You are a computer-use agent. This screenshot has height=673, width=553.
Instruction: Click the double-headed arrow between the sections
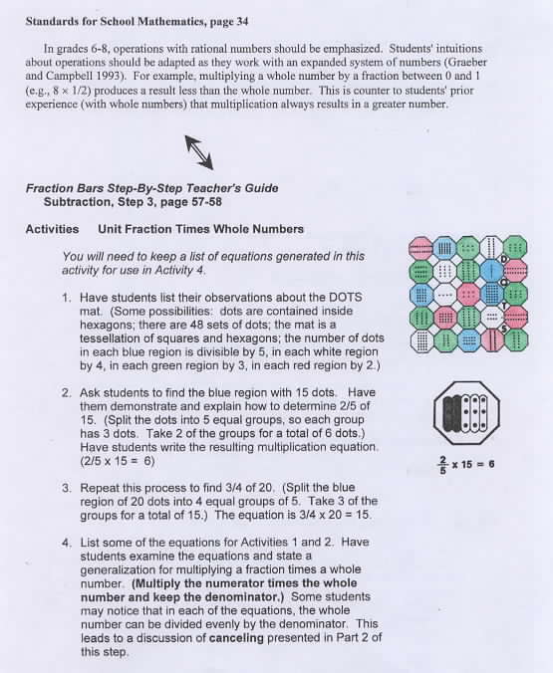pyautogui.click(x=199, y=152)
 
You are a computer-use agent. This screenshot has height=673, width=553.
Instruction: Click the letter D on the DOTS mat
pyautogui.click(x=504, y=259)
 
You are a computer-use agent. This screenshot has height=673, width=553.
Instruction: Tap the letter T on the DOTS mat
pyautogui.click(x=505, y=306)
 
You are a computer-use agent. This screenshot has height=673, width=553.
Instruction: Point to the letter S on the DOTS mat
pyautogui.click(x=505, y=330)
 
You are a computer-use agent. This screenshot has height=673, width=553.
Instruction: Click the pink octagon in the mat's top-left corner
pyautogui.click(x=420, y=248)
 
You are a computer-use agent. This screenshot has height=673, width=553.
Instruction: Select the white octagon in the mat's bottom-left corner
pyautogui.click(x=421, y=341)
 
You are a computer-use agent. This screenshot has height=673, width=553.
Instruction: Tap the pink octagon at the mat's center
pyautogui.click(x=468, y=295)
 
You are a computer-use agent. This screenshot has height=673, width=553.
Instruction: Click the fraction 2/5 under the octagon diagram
pyautogui.click(x=442, y=465)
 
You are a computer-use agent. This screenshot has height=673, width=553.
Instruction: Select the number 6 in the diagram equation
pyautogui.click(x=491, y=464)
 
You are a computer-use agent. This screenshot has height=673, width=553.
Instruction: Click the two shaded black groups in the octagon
pyautogui.click(x=451, y=413)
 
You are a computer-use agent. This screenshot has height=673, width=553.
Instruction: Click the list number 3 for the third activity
pyautogui.click(x=66, y=488)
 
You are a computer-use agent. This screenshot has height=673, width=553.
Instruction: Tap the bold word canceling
pyautogui.click(x=236, y=638)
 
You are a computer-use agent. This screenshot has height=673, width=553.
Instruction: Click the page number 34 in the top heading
pyautogui.click(x=242, y=22)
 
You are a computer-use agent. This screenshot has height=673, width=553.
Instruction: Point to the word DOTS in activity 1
pyautogui.click(x=346, y=298)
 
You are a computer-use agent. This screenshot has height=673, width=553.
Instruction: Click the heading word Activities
pyautogui.click(x=52, y=229)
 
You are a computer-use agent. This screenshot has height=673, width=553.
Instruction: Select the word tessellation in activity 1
pyautogui.click(x=110, y=338)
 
